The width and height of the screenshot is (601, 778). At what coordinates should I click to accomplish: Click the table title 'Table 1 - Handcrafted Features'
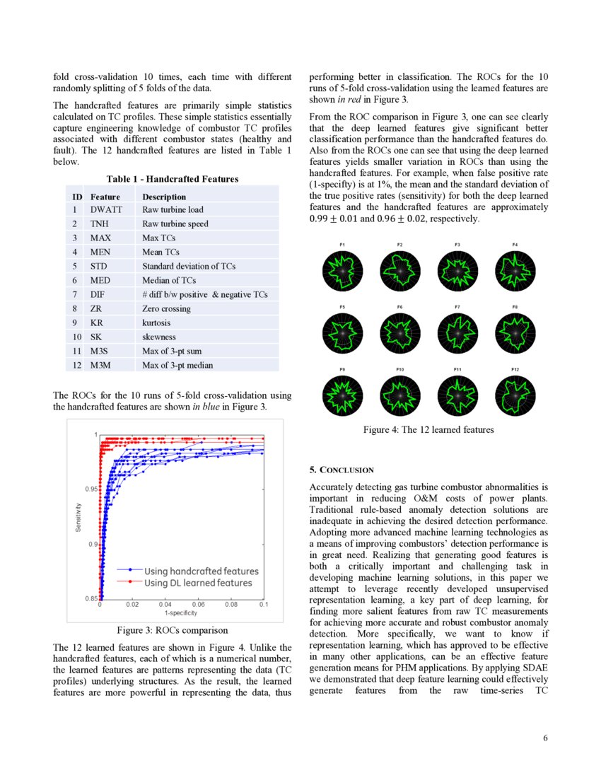coord(173,179)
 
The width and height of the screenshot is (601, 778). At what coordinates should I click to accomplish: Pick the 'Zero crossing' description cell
coord(166,309)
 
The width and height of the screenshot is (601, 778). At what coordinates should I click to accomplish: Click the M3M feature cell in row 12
coord(100,366)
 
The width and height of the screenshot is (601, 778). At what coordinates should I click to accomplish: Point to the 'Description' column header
coord(164,197)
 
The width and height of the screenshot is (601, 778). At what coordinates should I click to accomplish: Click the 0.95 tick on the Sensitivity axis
coord(91,489)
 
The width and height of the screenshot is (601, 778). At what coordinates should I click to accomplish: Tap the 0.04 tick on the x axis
coord(165,605)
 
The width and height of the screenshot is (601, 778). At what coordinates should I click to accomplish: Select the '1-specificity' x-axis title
coord(180,612)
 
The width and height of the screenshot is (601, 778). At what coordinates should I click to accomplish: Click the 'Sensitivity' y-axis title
coord(80,518)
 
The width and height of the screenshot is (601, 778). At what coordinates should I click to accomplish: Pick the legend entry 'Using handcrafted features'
coord(202,571)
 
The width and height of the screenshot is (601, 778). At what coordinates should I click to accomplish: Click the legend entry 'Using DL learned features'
coord(198,583)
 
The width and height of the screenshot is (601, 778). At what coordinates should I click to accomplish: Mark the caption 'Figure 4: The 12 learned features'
coord(428,429)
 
